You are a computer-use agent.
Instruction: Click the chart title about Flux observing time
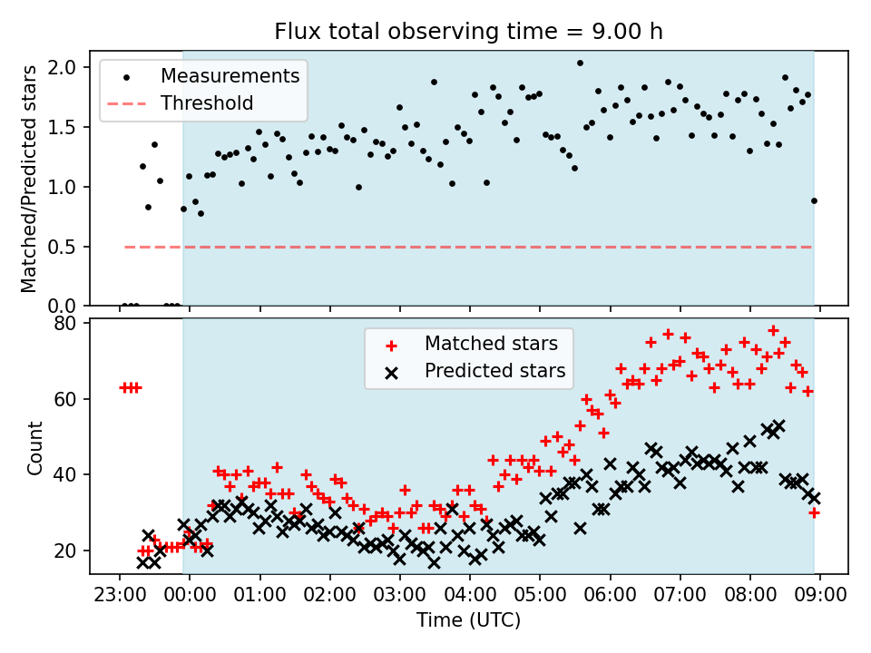click(x=468, y=31)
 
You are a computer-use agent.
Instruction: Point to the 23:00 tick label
click(x=120, y=595)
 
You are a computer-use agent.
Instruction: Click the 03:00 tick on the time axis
click(x=400, y=595)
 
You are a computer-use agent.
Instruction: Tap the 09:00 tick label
click(x=820, y=595)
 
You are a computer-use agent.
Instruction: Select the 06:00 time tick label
click(x=610, y=595)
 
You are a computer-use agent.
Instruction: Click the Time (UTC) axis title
click(x=469, y=620)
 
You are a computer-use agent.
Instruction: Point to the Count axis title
click(x=35, y=448)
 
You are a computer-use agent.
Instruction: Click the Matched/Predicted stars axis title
click(x=28, y=179)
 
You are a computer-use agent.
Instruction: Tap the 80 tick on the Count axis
click(x=64, y=324)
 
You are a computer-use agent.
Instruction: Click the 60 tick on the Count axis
click(x=64, y=399)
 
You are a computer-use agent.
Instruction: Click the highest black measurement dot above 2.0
click(x=580, y=63)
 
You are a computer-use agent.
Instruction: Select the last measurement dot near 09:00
click(x=814, y=201)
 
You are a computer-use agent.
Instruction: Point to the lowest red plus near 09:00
click(x=815, y=513)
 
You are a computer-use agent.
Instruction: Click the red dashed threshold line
click(x=468, y=247)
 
